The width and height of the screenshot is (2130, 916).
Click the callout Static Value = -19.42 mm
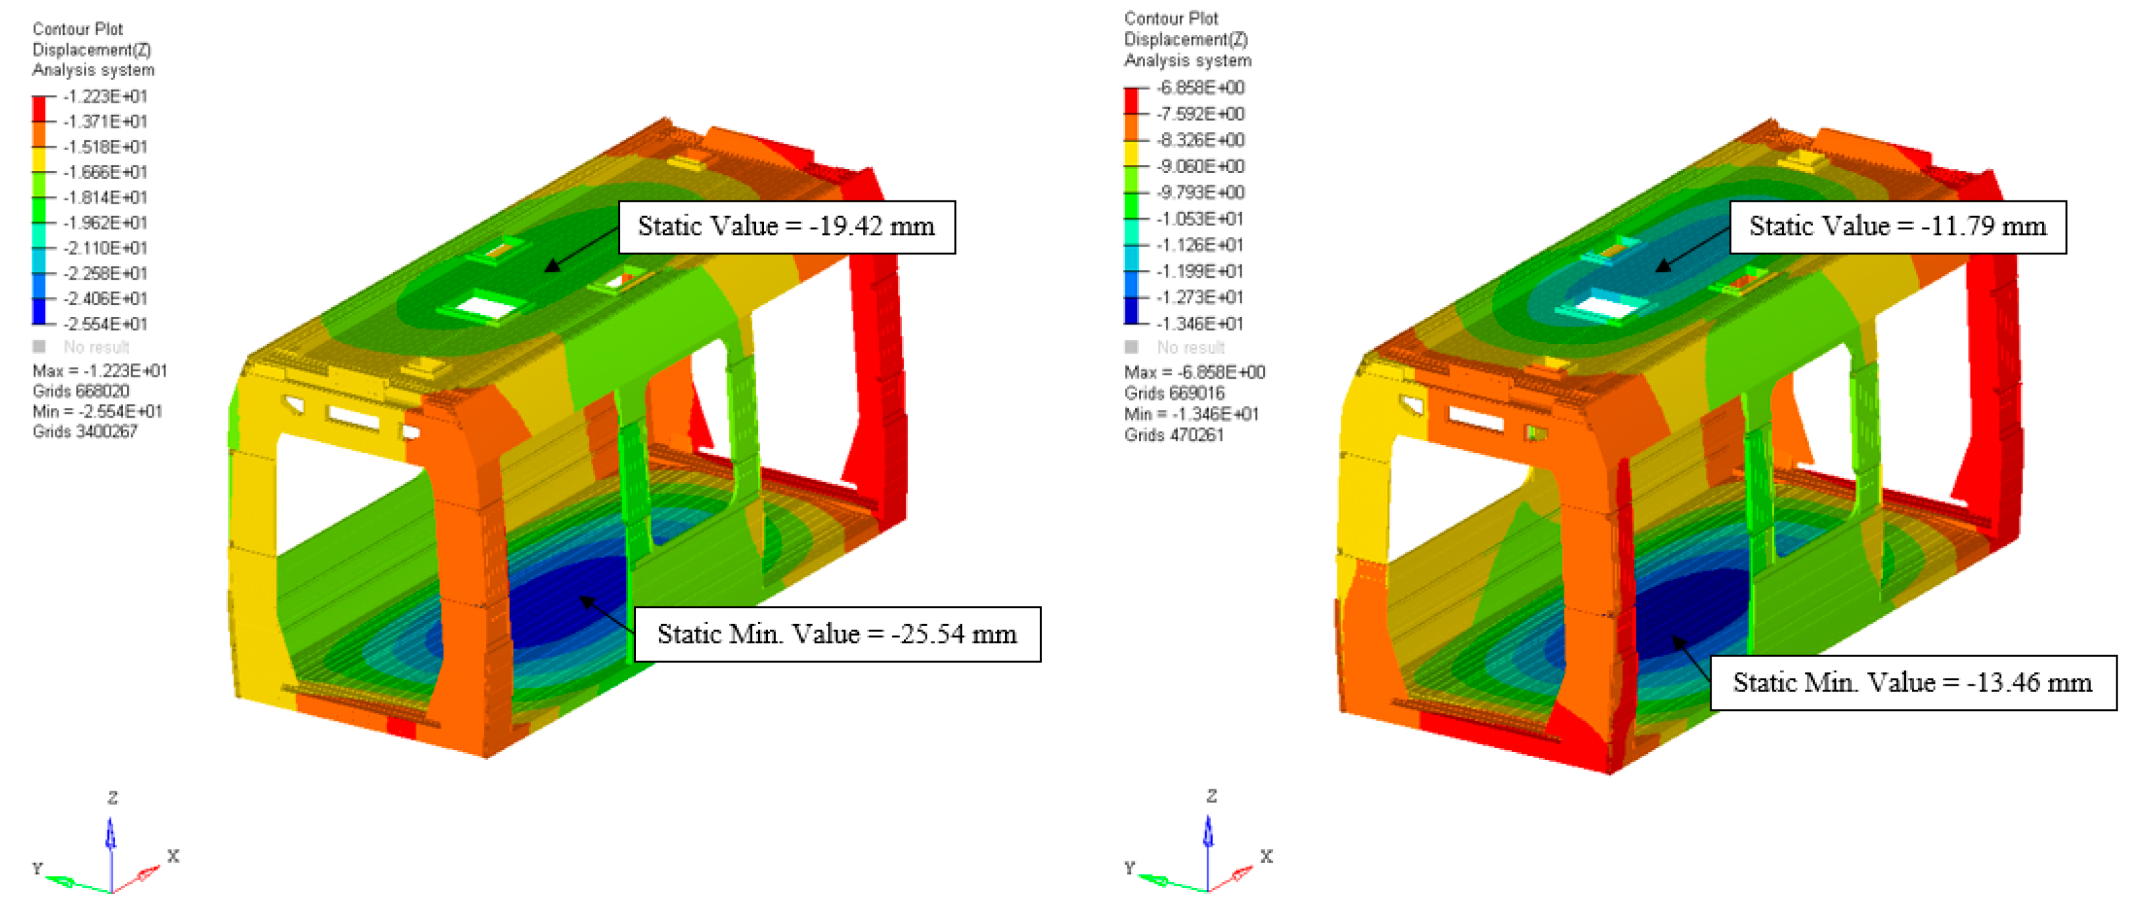click(785, 226)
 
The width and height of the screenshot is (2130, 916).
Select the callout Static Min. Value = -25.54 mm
click(836, 634)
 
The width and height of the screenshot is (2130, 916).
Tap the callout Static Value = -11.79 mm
click(1897, 226)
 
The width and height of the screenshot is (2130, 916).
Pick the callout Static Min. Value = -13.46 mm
click(1912, 683)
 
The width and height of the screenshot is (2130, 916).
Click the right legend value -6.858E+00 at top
click(1200, 88)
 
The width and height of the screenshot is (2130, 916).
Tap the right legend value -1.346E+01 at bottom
click(1200, 323)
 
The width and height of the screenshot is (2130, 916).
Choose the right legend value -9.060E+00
click(1200, 166)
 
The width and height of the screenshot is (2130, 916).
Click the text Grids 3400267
click(85, 431)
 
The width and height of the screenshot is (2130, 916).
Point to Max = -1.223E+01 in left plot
click(99, 370)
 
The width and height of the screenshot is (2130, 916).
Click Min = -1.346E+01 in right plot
click(1191, 414)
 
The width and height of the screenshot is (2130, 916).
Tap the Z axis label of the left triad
click(113, 798)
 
